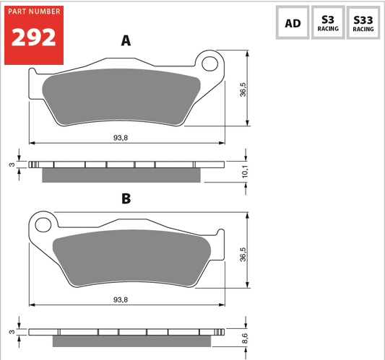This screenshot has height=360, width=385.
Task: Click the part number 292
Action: pyautogui.click(x=34, y=38)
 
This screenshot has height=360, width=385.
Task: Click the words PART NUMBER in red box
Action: pyautogui.click(x=34, y=12)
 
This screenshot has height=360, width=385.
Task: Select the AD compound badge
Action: pyautogui.click(x=293, y=22)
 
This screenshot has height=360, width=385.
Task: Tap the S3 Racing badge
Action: pyautogui.click(x=328, y=22)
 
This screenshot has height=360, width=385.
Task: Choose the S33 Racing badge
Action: pyautogui.click(x=363, y=22)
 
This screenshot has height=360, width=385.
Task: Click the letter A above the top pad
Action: pyautogui.click(x=126, y=40)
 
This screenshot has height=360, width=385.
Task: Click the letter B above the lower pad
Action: pyautogui.click(x=126, y=198)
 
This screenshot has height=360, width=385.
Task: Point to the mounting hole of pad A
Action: pyautogui.click(x=209, y=63)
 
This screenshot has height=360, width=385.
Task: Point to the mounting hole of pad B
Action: pyautogui.click(x=43, y=225)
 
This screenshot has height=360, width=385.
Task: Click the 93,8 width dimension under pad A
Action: pyautogui.click(x=121, y=138)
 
